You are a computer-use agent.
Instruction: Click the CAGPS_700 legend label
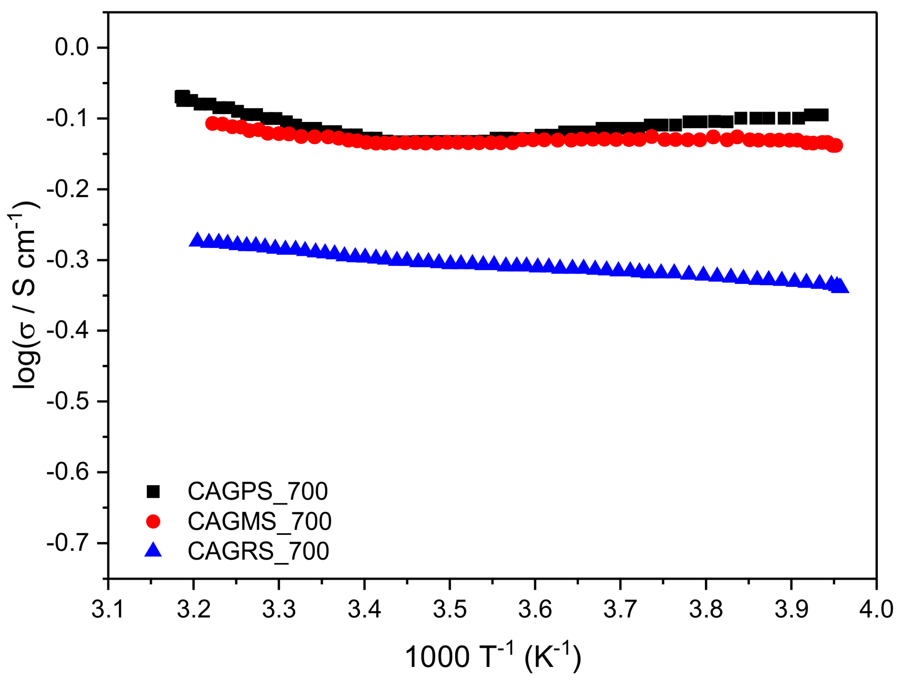tap(258, 491)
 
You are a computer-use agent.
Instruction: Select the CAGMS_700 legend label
tap(260, 521)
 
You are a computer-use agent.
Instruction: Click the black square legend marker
tap(153, 491)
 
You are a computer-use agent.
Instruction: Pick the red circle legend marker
tap(153, 521)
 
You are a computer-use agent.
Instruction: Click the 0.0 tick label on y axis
tap(72, 47)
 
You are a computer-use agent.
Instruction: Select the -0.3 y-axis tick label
tap(68, 260)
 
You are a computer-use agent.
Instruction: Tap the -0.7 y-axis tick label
tap(68, 543)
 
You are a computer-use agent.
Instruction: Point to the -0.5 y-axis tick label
tap(68, 401)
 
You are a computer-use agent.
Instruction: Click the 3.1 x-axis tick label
tap(108, 609)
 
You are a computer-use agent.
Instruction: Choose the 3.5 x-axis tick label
tap(449, 609)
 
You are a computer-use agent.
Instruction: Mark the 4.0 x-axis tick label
tap(876, 609)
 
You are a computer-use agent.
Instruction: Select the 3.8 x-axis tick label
tap(705, 609)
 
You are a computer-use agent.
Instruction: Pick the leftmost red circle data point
tap(212, 123)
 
